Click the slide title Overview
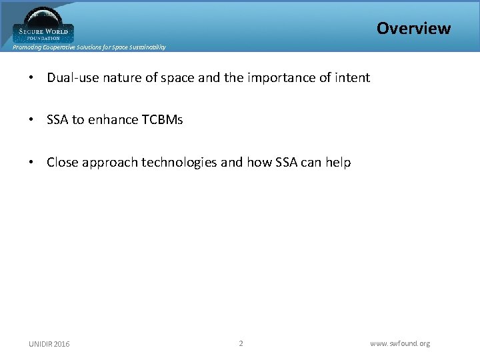[413, 28]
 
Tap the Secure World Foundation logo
[43, 25]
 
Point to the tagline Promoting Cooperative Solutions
[89, 47]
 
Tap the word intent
[351, 78]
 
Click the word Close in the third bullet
[62, 163]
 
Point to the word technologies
[178, 163]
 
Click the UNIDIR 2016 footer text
[49, 344]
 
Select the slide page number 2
[241, 343]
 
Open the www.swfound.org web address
[400, 343]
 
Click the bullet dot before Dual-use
[31, 78]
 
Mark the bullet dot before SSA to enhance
[31, 120]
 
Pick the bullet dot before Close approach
[31, 163]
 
